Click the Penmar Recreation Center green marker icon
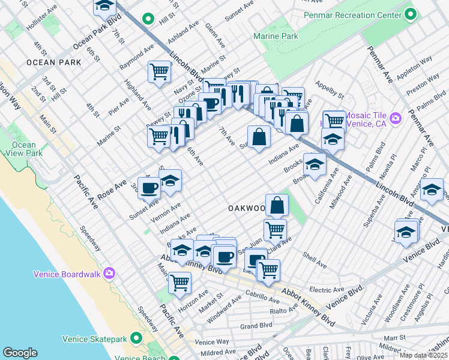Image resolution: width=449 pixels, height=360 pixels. pyautogui.click(x=411, y=14)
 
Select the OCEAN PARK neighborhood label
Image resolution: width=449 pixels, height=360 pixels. pyautogui.click(x=49, y=62)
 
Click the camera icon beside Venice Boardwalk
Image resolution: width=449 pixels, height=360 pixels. pyautogui.click(x=109, y=274)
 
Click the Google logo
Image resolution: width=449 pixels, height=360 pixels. pyautogui.click(x=20, y=353)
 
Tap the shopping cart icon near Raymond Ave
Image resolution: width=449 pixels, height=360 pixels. pyautogui.click(x=159, y=71)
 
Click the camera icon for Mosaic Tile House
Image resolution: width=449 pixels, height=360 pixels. pyautogui.click(x=395, y=118)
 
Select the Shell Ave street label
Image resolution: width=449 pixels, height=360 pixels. pyautogui.click(x=315, y=260)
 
